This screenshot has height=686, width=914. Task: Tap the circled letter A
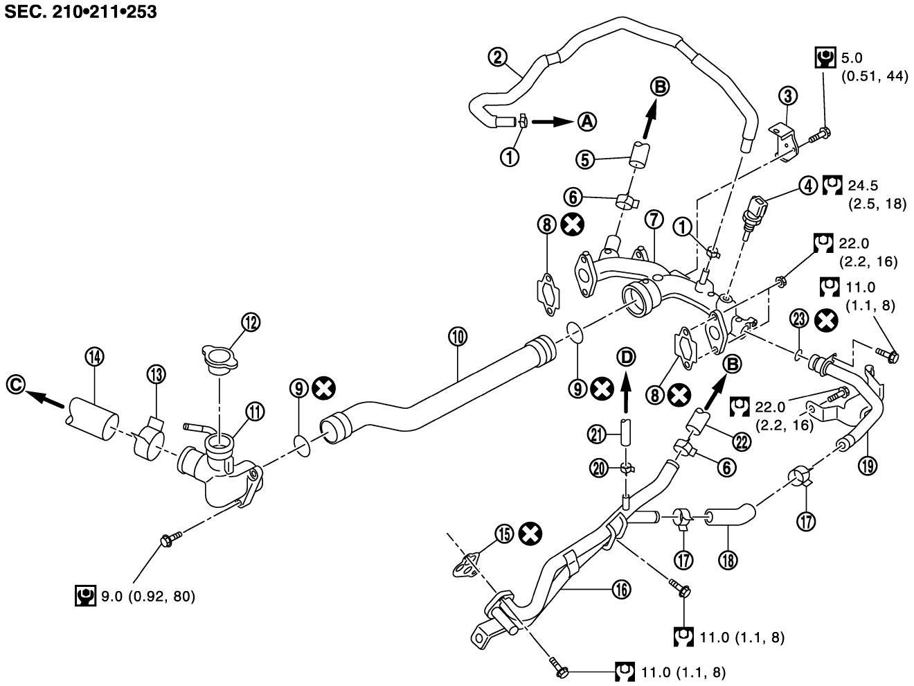coord(586,121)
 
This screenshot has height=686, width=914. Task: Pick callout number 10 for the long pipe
coord(457,337)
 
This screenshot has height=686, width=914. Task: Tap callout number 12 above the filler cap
coord(250,321)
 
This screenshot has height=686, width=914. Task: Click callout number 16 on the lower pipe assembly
coord(621,589)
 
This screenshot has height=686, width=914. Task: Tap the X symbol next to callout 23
coord(825,319)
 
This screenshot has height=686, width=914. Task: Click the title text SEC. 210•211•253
coord(78,12)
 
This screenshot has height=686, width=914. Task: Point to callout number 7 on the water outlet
coord(654,220)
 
